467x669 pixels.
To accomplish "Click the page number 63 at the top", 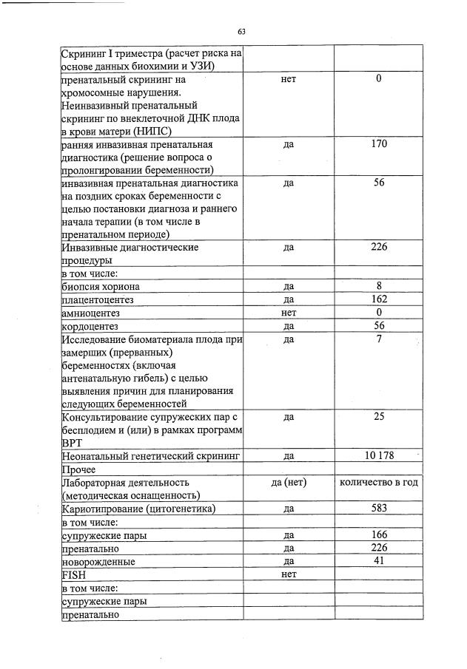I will [x=241, y=31].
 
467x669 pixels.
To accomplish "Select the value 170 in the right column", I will [x=378, y=145].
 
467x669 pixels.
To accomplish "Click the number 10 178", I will [x=379, y=455].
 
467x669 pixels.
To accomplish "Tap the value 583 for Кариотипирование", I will [x=379, y=509].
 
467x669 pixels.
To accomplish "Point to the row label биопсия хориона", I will [x=101, y=286].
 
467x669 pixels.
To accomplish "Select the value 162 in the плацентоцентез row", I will [x=378, y=299].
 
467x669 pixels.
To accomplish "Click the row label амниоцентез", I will [x=90, y=313].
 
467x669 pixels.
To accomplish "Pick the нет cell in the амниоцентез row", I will [x=289, y=313].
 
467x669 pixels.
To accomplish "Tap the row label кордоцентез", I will [x=90, y=326].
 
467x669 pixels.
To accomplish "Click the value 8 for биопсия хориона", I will [x=378, y=286].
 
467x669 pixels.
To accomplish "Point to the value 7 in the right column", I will [x=378, y=339].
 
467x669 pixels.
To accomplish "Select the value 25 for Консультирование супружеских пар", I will [x=378, y=417].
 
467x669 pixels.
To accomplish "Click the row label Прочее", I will [x=79, y=469].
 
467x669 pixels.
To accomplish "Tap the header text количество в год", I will [x=379, y=483].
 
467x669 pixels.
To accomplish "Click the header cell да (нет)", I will [x=289, y=483].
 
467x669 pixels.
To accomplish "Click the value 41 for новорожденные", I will [x=378, y=561].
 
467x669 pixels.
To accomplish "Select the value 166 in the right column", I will [x=378, y=534].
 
